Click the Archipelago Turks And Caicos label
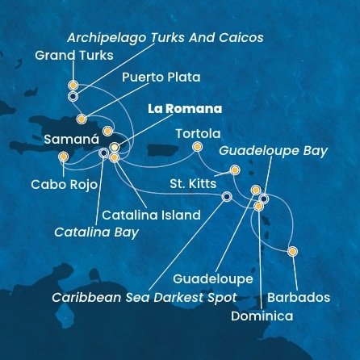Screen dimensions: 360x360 pos(165,38)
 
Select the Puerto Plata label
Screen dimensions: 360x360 pos(161,77)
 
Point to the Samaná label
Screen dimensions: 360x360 pos(60,140)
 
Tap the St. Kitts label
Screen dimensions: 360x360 pos(192,184)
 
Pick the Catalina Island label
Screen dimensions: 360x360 pos(151,216)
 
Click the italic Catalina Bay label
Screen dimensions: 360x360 pos(95,232)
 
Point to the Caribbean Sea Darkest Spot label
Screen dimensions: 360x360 pos(144,296)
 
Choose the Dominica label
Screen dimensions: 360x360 pos(262,317)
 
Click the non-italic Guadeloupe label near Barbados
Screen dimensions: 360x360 pos(217,278)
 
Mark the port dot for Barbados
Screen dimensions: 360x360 pos(292,251)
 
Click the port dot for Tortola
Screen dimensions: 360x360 pos(196,147)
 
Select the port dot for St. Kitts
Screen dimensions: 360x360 pos(234,170)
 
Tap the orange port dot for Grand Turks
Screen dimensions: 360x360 pos(73,84)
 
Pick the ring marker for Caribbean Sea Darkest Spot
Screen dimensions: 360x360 pos(227,195)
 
